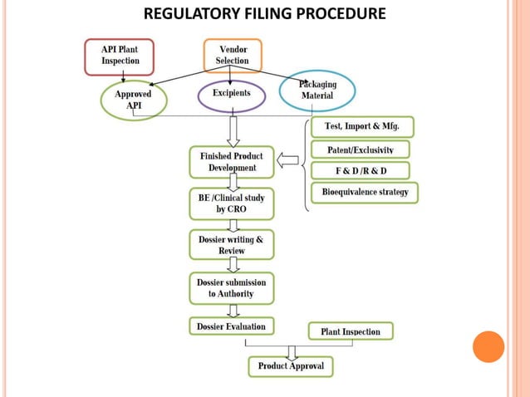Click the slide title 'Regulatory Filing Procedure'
point(265,14)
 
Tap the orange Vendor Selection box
point(232,56)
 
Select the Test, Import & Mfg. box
point(361,127)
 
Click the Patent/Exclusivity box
point(361,149)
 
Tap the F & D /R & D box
point(361,171)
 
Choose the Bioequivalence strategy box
point(365,194)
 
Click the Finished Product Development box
point(232,162)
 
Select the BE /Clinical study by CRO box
point(232,204)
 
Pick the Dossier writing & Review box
point(232,244)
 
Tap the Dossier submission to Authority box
point(232,287)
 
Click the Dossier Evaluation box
point(232,326)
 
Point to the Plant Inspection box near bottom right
point(351,331)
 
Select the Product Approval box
point(291,365)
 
